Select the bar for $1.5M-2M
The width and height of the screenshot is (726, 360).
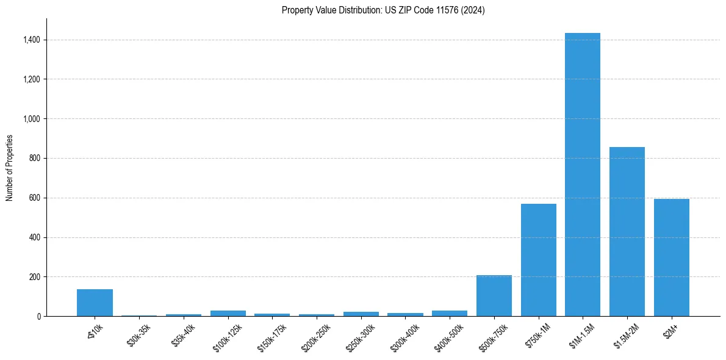pos(627,232)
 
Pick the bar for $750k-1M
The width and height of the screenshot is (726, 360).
pos(538,260)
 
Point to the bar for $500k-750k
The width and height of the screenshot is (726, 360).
pos(494,296)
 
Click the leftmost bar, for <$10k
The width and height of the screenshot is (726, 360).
pos(95,303)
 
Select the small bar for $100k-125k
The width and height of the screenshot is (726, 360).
pos(228,313)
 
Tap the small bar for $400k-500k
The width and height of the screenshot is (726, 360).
pos(450,313)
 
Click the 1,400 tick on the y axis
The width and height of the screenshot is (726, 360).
pos(32,40)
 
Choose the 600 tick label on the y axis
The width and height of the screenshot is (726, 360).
pos(35,198)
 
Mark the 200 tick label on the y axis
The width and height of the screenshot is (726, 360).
pos(35,277)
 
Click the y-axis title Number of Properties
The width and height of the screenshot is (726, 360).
pos(9,168)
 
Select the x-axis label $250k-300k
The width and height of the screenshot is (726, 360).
pos(361,337)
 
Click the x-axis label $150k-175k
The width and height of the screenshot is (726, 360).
pos(272,337)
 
